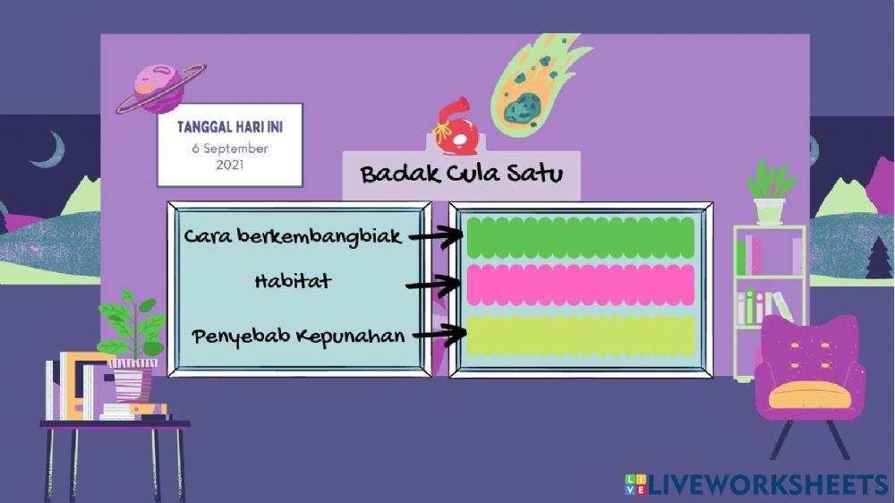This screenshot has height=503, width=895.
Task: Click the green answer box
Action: [581, 236]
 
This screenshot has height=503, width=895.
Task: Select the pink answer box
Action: [581, 286]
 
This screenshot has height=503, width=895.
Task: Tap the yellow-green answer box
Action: [581, 335]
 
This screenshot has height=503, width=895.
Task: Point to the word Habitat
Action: [293, 281]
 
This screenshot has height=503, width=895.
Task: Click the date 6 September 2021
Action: [230, 157]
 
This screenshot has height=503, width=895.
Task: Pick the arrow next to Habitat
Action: [438, 286]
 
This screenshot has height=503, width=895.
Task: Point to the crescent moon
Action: [48, 149]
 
